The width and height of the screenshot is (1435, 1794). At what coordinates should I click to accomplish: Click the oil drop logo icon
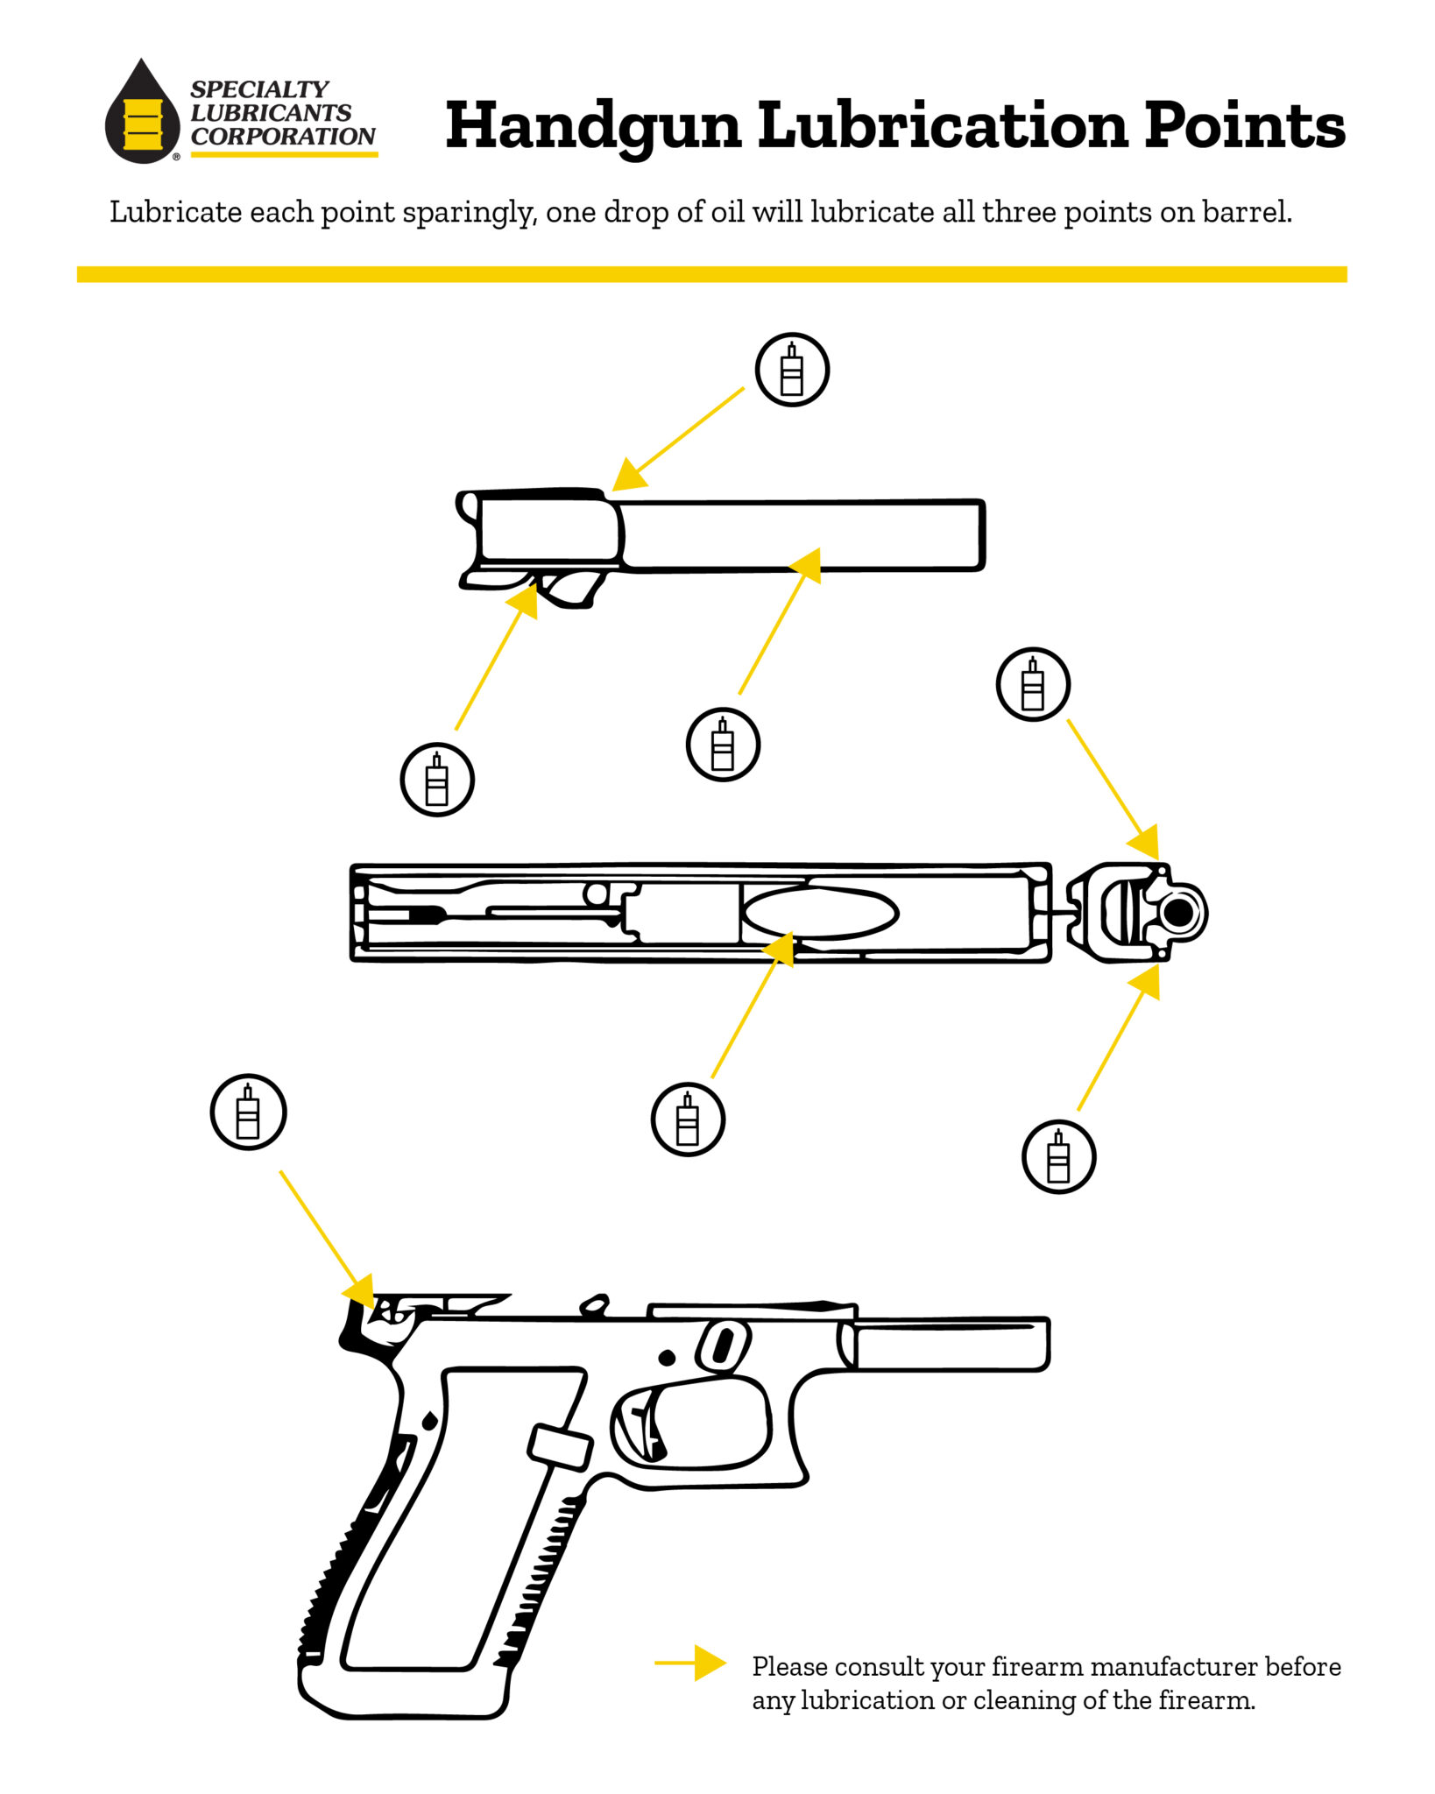142,114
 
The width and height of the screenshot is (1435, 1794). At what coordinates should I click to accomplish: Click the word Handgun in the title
593,126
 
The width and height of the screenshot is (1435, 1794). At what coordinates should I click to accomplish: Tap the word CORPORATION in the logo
283,137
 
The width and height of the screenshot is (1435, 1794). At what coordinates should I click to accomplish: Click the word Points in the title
1244,125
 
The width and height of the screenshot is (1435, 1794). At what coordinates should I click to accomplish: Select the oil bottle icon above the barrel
792,370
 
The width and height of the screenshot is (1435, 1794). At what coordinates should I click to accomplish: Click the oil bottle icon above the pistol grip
248,1112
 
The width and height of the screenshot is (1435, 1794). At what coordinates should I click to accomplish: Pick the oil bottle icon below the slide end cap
1058,1156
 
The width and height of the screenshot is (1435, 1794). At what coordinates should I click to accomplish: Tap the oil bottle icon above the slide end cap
1033,684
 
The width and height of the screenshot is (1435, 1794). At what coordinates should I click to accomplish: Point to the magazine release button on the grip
560,1446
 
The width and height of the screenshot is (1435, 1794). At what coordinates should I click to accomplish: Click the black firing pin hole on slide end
1179,912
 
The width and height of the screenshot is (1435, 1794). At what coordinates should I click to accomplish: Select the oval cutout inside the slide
820,913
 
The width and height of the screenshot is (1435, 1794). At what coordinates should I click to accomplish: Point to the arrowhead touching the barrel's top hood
629,476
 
